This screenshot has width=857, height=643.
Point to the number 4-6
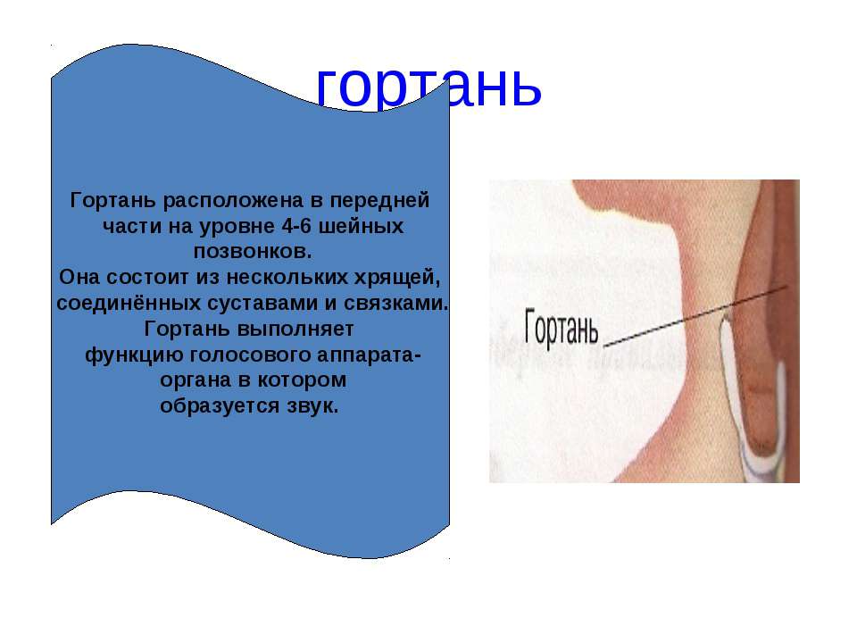pyautogui.click(x=295, y=226)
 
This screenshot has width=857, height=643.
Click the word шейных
pyautogui.click(x=361, y=226)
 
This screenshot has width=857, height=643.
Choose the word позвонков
pyautogui.click(x=253, y=252)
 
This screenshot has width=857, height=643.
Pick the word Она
pyautogui.click(x=79, y=277)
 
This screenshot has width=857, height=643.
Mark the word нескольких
pyautogui.click(x=287, y=277)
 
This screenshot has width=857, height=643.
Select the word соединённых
pyautogui.click(x=129, y=303)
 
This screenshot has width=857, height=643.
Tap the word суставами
pyautogui.click(x=262, y=304)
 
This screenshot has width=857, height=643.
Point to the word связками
pyautogui.click(x=395, y=303)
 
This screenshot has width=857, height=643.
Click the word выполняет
pyautogui.click(x=295, y=330)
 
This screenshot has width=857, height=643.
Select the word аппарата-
pyautogui.click(x=369, y=355)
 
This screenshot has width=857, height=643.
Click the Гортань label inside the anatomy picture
pyautogui.click(x=562, y=328)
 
